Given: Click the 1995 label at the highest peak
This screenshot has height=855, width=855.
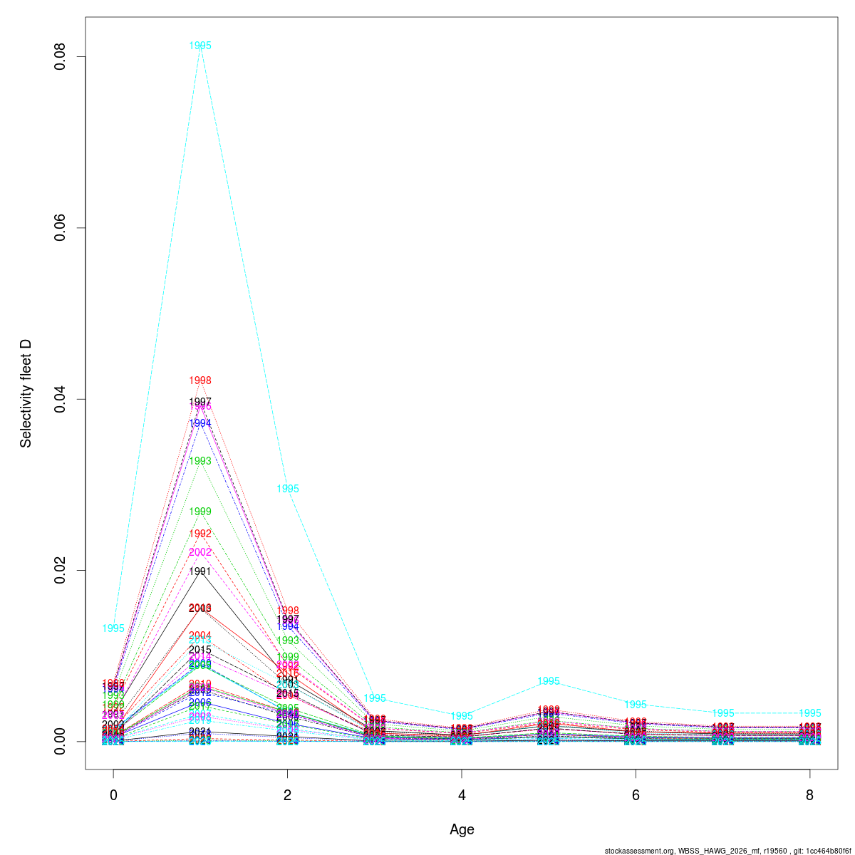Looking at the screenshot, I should point(200,46).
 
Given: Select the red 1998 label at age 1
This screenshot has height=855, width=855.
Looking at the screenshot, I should point(200,380).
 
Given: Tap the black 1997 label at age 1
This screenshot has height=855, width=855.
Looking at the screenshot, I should point(200,402).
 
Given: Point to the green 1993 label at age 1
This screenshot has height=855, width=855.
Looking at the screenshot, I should point(200,461).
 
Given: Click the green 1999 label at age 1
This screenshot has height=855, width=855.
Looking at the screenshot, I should point(200,512).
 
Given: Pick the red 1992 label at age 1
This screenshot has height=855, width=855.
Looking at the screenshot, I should point(200,534).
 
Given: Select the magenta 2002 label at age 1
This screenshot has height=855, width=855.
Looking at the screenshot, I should point(200,552).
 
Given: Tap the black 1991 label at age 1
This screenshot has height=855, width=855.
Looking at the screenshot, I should point(200,571).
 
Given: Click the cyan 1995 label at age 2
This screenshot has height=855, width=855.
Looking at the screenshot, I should point(288,489).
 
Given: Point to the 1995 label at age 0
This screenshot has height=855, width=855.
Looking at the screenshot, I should point(113,628).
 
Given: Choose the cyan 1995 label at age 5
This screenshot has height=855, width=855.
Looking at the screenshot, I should point(549,681).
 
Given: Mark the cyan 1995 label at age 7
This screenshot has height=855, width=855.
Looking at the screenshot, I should point(722,713).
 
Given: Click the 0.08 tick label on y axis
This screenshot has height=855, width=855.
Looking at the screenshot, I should point(61,57).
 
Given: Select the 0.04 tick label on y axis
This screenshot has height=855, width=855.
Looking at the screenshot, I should point(61,399).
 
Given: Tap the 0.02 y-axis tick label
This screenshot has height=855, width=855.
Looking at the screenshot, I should point(61,570).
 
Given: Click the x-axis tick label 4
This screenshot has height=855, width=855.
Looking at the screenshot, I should point(462,795).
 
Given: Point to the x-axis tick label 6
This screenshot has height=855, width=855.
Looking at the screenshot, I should point(636,795).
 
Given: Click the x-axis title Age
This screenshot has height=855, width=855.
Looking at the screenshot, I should point(462,829).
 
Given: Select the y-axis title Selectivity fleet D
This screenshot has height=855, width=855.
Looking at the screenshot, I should point(26,393).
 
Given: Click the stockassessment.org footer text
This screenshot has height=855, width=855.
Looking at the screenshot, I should point(727,851).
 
